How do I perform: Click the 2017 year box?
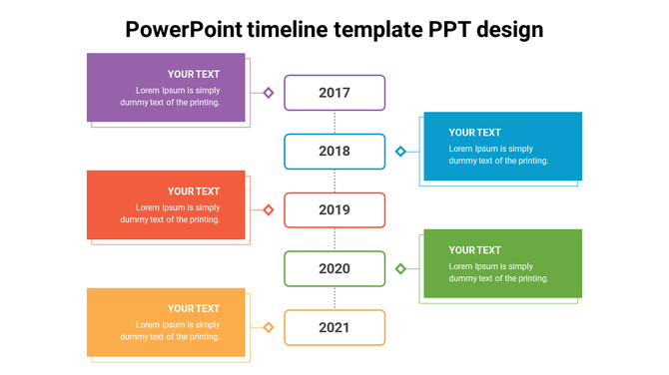click(334, 93)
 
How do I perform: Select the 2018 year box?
click(334, 152)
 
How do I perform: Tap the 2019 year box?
click(334, 210)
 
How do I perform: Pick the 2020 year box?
click(334, 268)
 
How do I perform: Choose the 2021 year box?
click(334, 327)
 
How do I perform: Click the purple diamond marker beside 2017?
click(269, 93)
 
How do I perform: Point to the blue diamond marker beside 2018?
click(400, 152)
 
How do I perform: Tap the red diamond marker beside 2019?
click(269, 210)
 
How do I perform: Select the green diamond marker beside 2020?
click(400, 268)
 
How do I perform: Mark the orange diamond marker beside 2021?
click(269, 327)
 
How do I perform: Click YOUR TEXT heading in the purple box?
click(194, 74)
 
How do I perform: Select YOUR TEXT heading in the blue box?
click(474, 133)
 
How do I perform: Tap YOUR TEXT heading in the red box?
click(194, 191)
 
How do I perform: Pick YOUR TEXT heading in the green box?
click(474, 250)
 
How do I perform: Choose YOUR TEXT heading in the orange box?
click(194, 309)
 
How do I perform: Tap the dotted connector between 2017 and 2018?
click(334, 122)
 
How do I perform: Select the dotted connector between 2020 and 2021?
click(334, 298)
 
